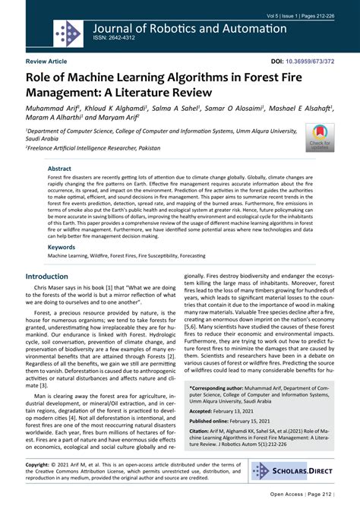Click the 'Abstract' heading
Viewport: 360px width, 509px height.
60,169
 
